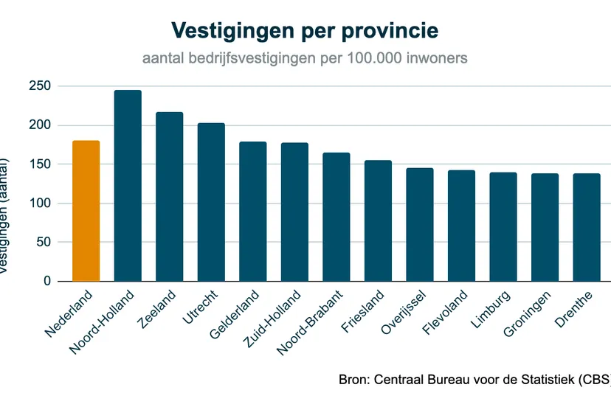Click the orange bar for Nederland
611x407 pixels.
coord(86,211)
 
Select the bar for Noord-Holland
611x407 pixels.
coord(128,186)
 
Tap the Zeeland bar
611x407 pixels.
coord(169,197)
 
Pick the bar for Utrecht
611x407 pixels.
coord(211,202)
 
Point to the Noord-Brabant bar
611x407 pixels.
coord(336,217)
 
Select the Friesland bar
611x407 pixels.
coord(378,220)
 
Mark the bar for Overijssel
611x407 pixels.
coord(420,225)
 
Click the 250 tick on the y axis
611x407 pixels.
coord(41,86)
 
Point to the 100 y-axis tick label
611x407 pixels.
coord(41,204)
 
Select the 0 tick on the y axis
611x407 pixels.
coord(46,282)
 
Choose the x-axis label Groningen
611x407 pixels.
coord(528,315)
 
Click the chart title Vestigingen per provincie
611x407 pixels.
coord(305,30)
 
